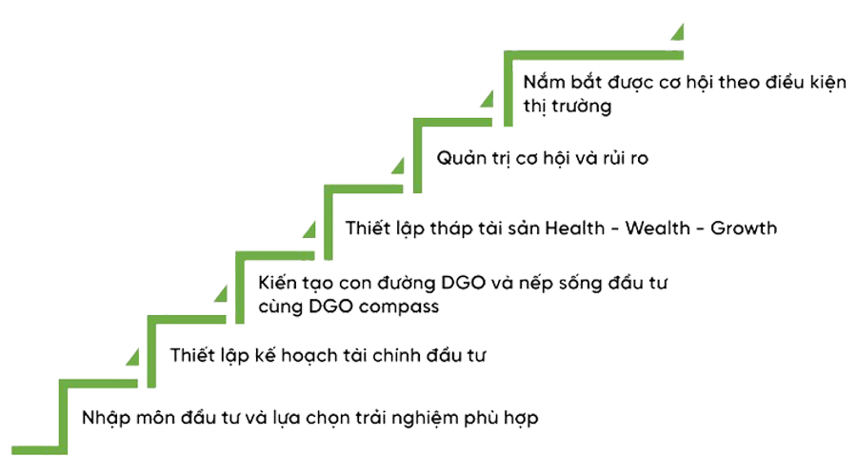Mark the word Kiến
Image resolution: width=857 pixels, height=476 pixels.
280,284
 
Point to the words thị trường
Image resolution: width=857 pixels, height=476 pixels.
568,107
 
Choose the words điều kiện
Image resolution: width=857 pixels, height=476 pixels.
797,83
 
